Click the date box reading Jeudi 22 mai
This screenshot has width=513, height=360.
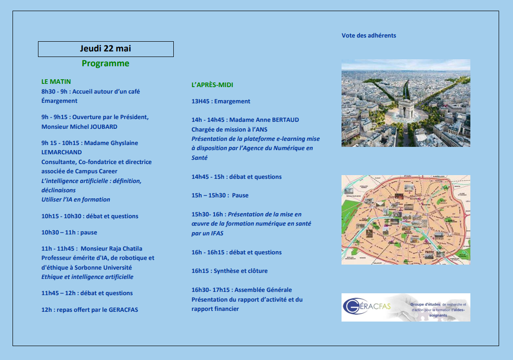point(106,49)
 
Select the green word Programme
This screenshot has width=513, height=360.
point(106,63)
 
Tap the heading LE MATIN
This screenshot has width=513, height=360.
point(56,82)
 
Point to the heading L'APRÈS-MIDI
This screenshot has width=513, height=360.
point(212,85)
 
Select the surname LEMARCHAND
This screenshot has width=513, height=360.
point(62,152)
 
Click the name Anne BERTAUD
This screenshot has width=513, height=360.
point(276,120)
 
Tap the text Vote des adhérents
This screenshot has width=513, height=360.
point(369,35)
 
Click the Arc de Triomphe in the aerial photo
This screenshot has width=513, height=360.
point(406,109)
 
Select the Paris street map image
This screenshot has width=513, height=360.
point(405,220)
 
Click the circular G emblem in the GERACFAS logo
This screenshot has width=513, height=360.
point(352,306)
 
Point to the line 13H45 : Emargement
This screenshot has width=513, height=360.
point(221,101)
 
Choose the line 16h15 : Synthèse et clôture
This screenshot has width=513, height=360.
point(229,271)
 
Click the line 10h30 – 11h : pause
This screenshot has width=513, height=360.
point(69,232)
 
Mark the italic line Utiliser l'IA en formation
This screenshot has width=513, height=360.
point(76,200)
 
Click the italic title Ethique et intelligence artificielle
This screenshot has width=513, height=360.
point(87,277)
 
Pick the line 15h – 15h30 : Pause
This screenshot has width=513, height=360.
point(220,195)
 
